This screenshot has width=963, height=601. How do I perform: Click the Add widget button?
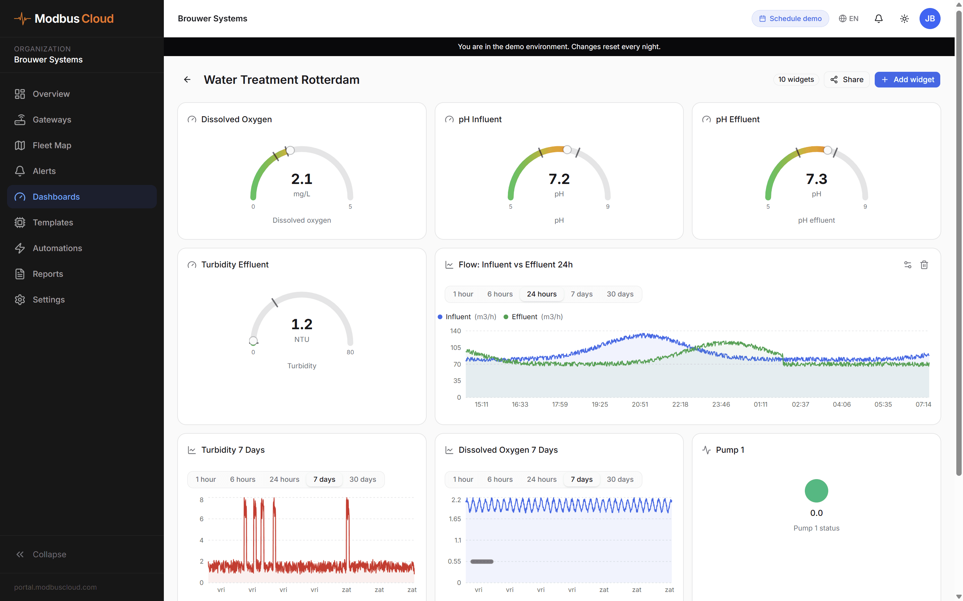[907, 79]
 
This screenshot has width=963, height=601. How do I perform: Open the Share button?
[846, 79]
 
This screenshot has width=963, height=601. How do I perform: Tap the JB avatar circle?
[930, 19]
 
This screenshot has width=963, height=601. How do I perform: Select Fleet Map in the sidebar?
[52, 146]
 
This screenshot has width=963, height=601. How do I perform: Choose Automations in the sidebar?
[57, 248]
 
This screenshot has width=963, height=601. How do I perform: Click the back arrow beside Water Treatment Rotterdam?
[187, 79]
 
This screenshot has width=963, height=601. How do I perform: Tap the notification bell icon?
[878, 19]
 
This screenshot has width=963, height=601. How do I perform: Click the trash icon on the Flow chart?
[924, 265]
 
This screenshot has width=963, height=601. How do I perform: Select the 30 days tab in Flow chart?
[620, 294]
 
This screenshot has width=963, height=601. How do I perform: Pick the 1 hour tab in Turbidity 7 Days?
[205, 479]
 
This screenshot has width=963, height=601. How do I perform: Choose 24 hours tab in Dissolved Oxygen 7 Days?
[541, 479]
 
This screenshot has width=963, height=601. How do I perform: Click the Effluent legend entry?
[524, 317]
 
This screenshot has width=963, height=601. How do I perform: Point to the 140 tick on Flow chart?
[455, 331]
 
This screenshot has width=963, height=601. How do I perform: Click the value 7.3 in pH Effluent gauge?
[816, 179]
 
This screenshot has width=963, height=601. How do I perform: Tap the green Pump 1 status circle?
[816, 491]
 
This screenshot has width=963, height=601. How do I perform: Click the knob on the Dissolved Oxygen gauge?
[290, 150]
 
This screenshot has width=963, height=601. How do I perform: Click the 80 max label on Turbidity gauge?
[350, 352]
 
